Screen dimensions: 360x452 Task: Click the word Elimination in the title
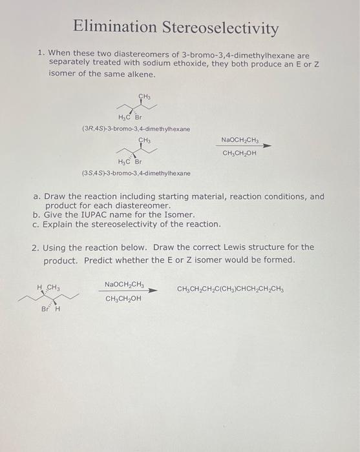113,27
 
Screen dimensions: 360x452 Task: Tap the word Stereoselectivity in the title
220,28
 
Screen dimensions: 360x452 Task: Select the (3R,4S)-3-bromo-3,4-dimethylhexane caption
136,129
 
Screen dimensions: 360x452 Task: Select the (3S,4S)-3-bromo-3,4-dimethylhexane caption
136,173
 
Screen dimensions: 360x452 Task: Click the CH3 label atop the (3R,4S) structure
144,97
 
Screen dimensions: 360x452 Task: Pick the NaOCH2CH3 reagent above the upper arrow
239,139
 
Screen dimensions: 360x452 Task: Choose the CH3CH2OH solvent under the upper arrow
239,153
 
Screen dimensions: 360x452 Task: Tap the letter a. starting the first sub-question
36,196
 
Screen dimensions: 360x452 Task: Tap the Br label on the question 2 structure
45,309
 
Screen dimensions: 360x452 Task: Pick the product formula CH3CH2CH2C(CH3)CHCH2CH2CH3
229,289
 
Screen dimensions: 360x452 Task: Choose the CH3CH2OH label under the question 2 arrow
123,298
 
